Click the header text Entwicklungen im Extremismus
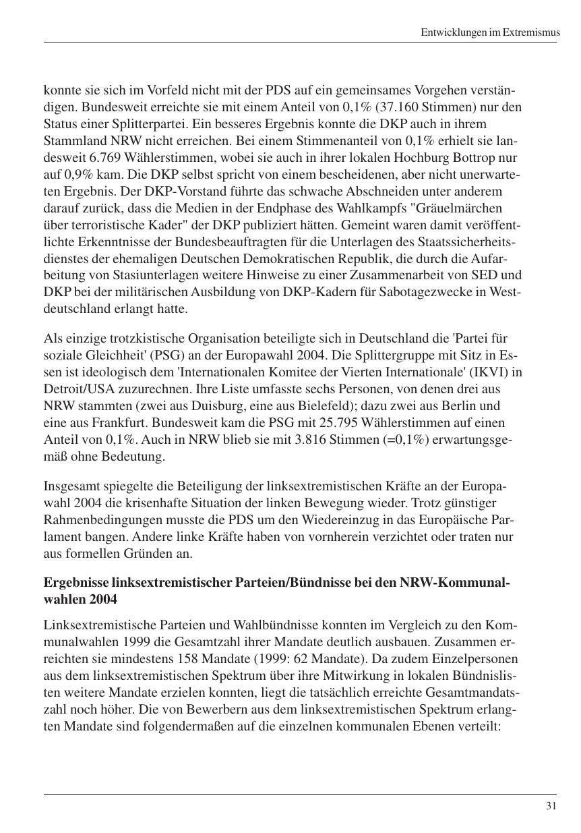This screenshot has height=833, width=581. pyautogui.click(x=489, y=32)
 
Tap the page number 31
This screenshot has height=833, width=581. pyautogui.click(x=551, y=805)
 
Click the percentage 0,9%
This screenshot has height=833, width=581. pyautogui.click(x=73, y=175)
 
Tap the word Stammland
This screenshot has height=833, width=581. pyautogui.click(x=71, y=141)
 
